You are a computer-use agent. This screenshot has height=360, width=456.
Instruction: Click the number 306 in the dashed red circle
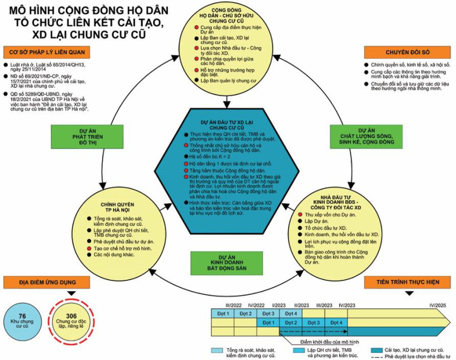(x=71, y=315)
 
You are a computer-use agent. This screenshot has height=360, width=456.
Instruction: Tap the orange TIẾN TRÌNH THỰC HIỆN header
(x=410, y=282)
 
